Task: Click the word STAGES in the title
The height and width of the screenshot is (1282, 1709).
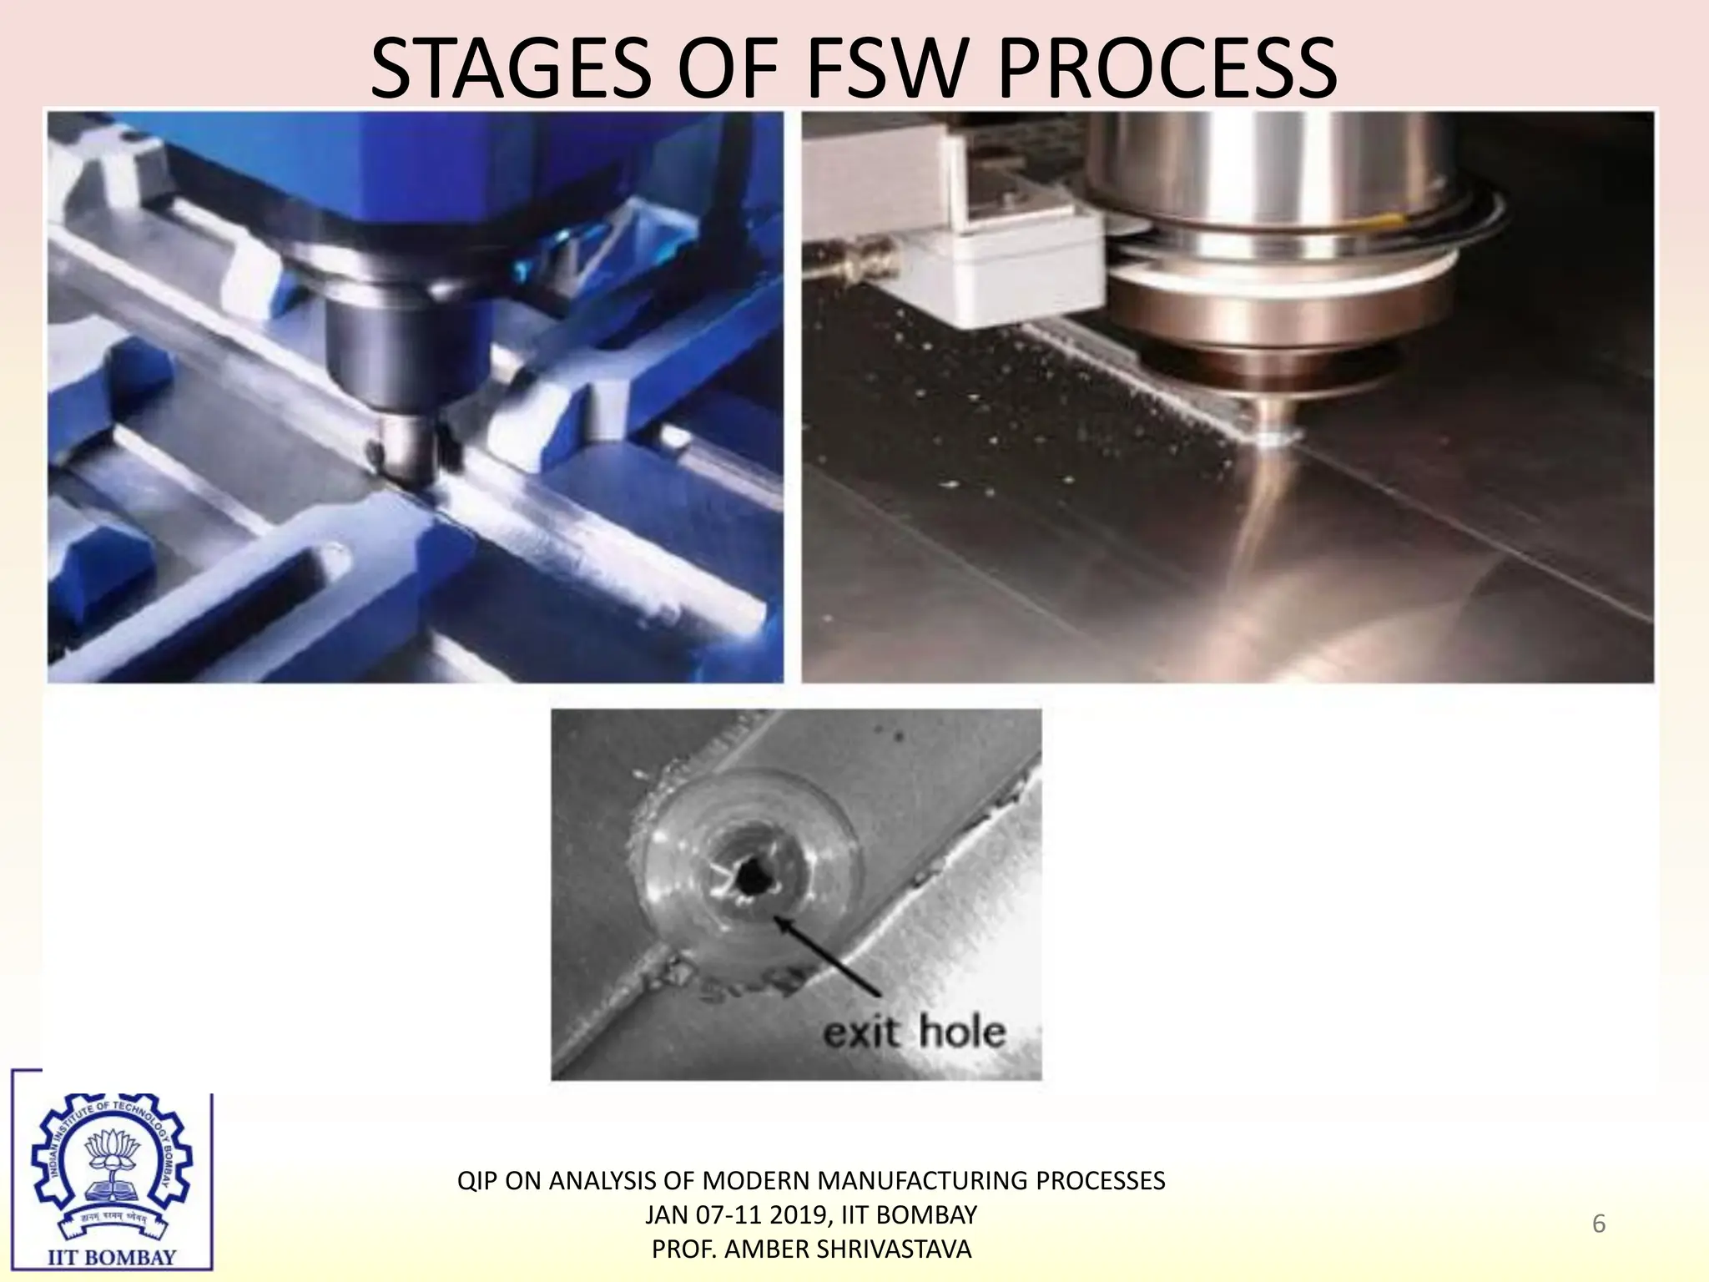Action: click(x=510, y=68)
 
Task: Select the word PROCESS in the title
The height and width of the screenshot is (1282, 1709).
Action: click(x=1167, y=68)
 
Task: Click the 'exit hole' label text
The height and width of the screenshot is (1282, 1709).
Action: click(x=914, y=1032)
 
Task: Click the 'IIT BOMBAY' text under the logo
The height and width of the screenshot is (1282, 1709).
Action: click(x=112, y=1257)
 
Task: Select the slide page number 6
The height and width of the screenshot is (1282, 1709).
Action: click(x=1598, y=1224)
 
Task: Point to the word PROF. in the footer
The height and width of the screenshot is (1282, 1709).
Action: click(x=684, y=1249)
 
